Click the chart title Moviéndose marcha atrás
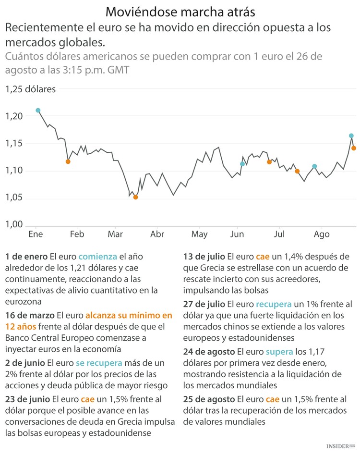point(180,11)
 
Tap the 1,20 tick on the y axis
point(14,116)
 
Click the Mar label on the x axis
point(115,234)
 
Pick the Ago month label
point(322,234)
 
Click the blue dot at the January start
point(38,111)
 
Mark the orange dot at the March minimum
point(135,197)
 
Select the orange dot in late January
point(68,161)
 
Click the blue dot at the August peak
point(351,136)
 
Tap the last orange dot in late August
point(354,148)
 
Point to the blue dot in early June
point(242,164)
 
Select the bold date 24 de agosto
point(209,352)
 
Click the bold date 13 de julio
point(205,256)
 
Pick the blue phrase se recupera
point(99,363)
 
